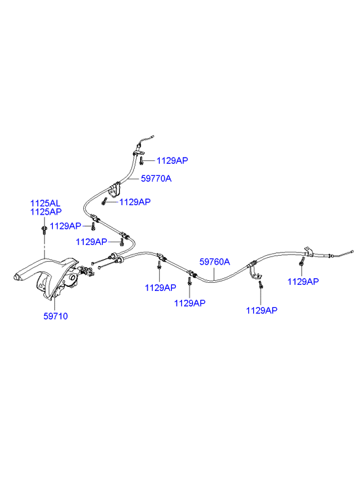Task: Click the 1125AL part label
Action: tap(45, 203)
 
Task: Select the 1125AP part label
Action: tap(46, 212)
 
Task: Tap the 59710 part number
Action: tap(55, 316)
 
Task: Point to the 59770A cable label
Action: tap(156, 179)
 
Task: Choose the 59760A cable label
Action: tap(215, 262)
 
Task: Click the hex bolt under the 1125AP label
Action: tap(44, 229)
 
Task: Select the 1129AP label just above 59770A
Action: tap(173, 160)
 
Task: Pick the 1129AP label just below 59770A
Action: tap(135, 202)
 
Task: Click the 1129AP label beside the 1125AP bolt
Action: tap(66, 226)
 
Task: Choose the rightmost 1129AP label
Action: tap(303, 282)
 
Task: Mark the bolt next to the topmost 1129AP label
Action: tap(141, 161)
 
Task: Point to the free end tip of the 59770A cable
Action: tap(153, 136)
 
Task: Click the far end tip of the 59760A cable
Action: tap(352, 251)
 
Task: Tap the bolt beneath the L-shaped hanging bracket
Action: tap(261, 285)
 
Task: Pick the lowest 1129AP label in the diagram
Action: tap(262, 311)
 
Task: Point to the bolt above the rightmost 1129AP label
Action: tap(302, 261)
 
